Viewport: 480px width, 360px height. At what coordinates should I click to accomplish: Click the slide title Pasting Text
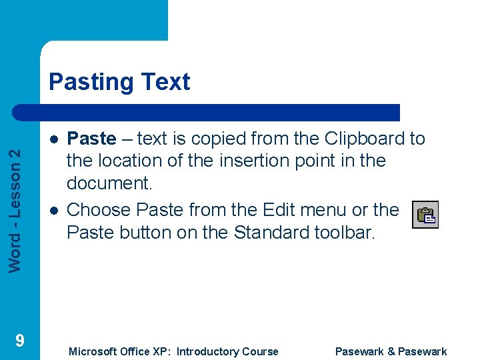(x=119, y=82)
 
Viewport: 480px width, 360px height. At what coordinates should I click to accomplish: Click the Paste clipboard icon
(x=425, y=215)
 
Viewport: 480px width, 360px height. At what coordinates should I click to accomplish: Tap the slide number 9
(x=20, y=341)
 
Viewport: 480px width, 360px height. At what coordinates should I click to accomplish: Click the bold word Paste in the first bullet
(x=92, y=139)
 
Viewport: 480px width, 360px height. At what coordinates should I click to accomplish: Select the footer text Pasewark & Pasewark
(x=391, y=351)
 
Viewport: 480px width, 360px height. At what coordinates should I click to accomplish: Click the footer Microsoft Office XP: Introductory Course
(x=173, y=351)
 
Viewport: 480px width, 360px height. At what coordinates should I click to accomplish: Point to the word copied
(x=203, y=139)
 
